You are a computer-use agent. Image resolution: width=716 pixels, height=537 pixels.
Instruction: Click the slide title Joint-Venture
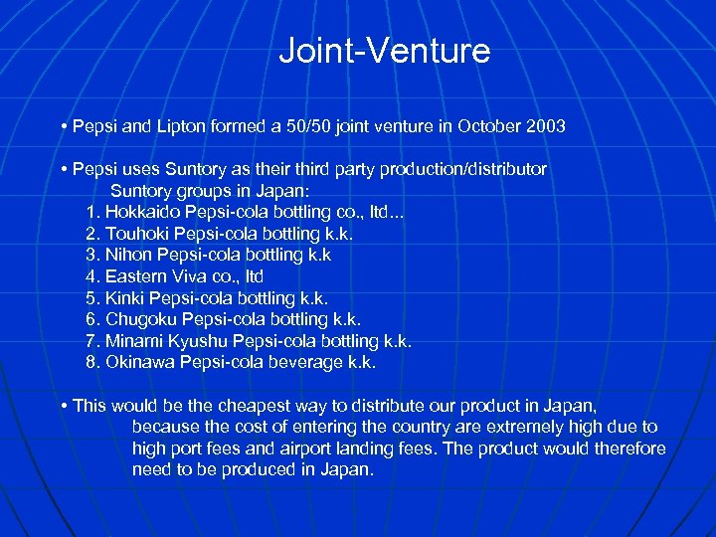384,51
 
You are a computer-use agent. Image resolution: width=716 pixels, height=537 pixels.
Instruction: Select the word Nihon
127,255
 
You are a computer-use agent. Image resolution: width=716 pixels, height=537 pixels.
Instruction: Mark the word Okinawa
140,362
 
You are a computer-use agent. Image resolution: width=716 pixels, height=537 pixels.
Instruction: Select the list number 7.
92,341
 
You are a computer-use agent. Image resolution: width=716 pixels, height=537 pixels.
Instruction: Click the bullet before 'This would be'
63,406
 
